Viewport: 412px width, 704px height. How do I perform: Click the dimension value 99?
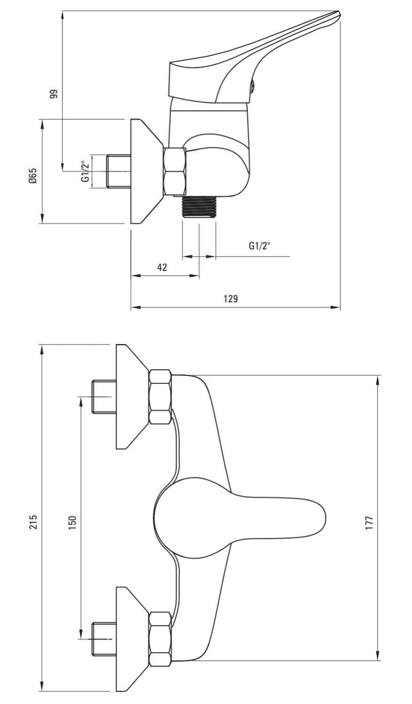point(54,94)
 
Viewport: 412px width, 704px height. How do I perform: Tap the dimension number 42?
point(162,267)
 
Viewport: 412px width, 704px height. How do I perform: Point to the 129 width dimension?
point(231,298)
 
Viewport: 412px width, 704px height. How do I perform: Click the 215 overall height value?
point(33,522)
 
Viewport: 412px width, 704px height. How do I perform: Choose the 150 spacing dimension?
point(72,523)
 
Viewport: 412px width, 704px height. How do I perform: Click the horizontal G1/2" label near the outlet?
point(259,245)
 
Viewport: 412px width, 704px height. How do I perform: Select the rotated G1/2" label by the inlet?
point(86,171)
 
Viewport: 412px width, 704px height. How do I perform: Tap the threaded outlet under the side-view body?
point(199,206)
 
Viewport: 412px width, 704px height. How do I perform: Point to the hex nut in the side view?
point(175,172)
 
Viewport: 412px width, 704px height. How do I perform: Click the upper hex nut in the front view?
point(160,397)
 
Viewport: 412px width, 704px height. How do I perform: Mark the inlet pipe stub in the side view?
point(119,171)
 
